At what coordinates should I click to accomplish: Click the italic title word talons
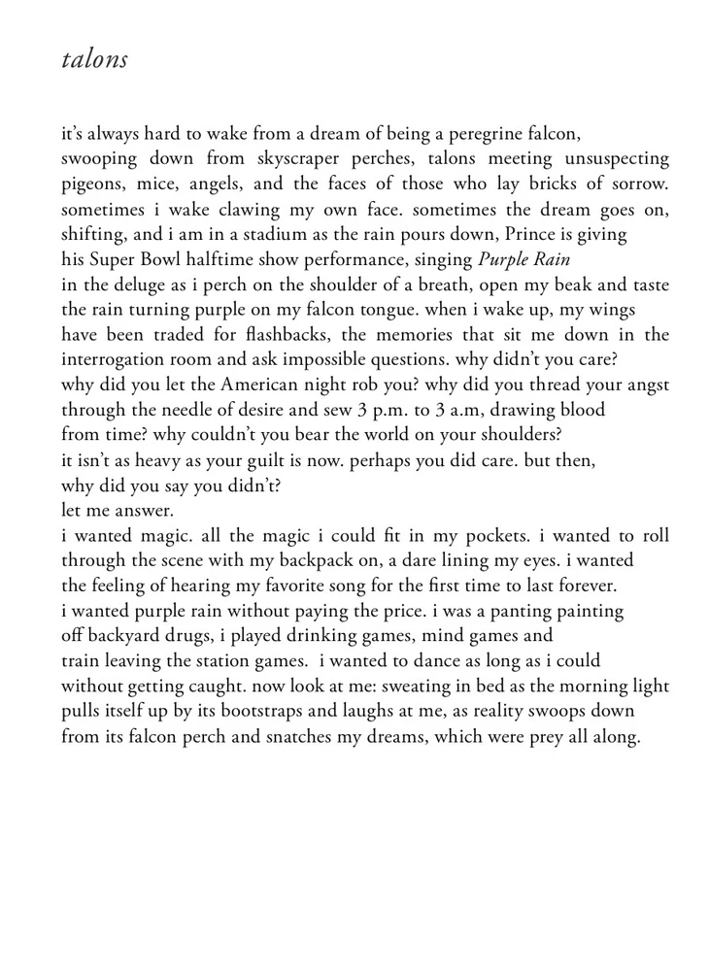tap(94, 59)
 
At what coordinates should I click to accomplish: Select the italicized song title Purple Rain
tap(527, 259)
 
